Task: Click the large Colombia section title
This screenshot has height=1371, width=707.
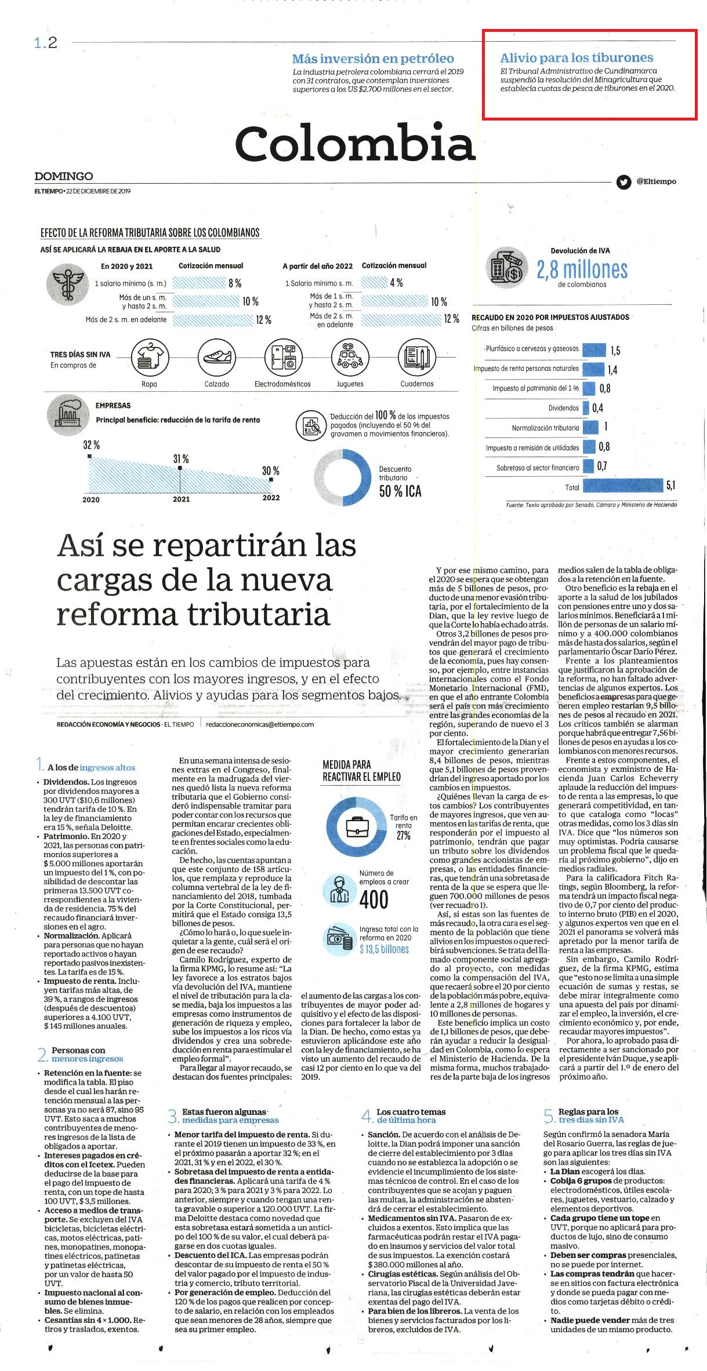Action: click(x=355, y=143)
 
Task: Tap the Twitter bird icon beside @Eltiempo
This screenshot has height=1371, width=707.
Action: click(x=623, y=182)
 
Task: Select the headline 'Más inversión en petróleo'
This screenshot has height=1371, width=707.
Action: click(x=373, y=59)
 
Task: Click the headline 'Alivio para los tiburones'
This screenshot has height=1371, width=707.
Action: click(x=577, y=58)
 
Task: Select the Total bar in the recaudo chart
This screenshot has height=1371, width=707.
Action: click(x=623, y=486)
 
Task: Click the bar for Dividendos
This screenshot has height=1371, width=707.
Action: click(x=586, y=408)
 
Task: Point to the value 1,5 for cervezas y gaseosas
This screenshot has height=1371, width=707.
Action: click(x=615, y=351)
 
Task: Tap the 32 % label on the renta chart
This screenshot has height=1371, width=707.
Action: click(x=91, y=445)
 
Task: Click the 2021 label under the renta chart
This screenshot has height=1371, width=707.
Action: click(x=181, y=498)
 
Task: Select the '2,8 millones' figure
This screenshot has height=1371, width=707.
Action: click(x=582, y=269)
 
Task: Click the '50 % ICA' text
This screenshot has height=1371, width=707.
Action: click(x=400, y=491)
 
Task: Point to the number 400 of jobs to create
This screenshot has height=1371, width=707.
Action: click(x=374, y=899)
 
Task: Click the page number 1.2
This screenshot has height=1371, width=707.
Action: click(x=46, y=43)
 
